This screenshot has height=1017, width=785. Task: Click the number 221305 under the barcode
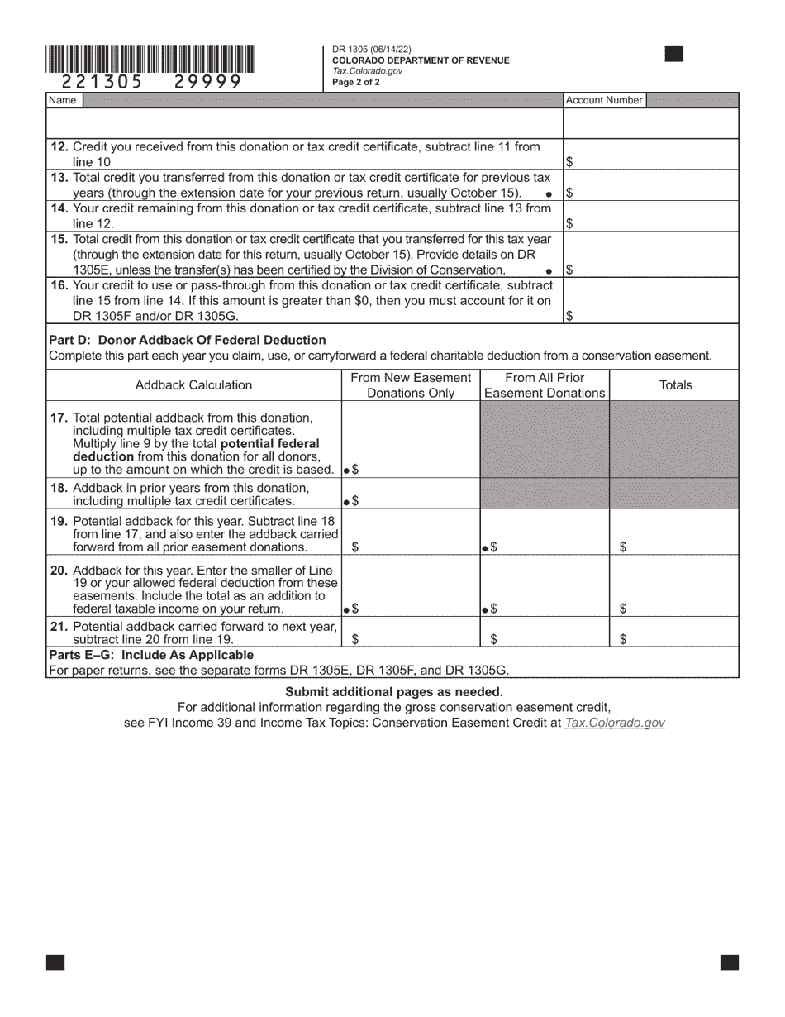(x=102, y=81)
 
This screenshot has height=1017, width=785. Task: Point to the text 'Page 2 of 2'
(x=356, y=82)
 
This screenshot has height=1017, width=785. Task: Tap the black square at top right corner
(x=674, y=55)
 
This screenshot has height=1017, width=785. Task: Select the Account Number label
(x=604, y=100)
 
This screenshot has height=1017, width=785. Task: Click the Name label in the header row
(x=63, y=100)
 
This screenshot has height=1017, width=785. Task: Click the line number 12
(x=59, y=146)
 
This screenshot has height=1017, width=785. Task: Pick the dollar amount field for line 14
(x=651, y=222)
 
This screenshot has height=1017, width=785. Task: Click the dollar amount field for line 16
(x=651, y=315)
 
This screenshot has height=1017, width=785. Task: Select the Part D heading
(x=188, y=340)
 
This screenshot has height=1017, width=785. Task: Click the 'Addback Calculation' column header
(x=193, y=385)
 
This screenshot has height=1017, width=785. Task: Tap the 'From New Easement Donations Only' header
(x=411, y=385)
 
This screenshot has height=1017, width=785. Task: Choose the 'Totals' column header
(x=675, y=385)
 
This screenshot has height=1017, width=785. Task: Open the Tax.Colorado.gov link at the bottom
(x=614, y=723)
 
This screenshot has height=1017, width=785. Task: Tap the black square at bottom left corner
(x=55, y=962)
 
